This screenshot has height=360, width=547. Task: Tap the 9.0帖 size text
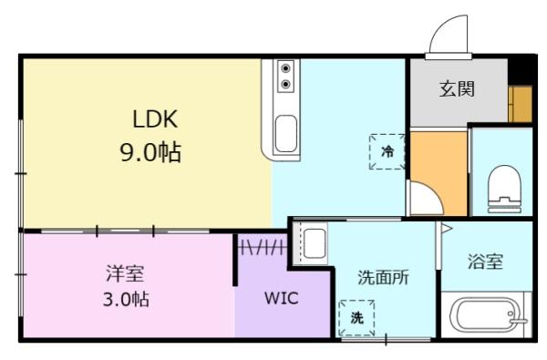click(150, 151)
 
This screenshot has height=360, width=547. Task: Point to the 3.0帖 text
click(125, 299)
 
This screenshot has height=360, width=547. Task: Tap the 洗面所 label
click(382, 277)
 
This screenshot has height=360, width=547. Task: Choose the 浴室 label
click(485, 262)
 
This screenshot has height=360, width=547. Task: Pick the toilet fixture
click(503, 186)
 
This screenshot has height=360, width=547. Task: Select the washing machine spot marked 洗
click(356, 317)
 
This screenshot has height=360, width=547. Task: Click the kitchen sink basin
click(285, 134)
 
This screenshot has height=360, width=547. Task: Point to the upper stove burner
click(286, 69)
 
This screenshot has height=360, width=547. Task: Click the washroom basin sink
click(315, 243)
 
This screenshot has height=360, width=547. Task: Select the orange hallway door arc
click(422, 199)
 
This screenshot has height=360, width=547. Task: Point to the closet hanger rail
click(263, 247)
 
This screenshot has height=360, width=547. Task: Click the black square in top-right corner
click(523, 68)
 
